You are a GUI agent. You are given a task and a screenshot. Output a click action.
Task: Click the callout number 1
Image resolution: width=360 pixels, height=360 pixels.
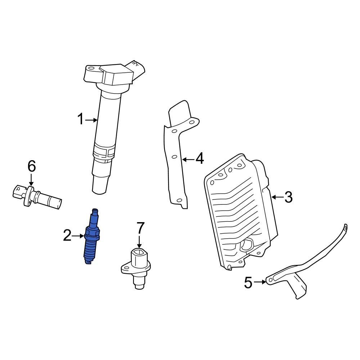point(81,119)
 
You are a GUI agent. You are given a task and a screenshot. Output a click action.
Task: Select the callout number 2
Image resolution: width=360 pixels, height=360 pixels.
point(67,236)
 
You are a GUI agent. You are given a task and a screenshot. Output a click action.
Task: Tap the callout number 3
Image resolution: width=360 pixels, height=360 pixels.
point(288,197)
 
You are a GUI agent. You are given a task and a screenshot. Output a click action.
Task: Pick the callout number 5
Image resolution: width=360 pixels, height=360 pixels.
point(248,283)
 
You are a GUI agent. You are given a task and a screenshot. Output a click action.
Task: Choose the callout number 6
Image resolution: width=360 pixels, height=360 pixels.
point(32,166)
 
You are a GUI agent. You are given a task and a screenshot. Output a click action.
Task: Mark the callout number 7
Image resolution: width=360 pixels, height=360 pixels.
point(140,228)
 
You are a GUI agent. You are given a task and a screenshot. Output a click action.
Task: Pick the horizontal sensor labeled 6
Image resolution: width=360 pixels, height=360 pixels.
point(36,196)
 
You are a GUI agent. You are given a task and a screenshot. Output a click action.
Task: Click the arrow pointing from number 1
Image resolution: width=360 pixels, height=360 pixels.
point(92,120)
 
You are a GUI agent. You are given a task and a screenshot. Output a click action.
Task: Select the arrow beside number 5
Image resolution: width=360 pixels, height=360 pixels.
point(260,283)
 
